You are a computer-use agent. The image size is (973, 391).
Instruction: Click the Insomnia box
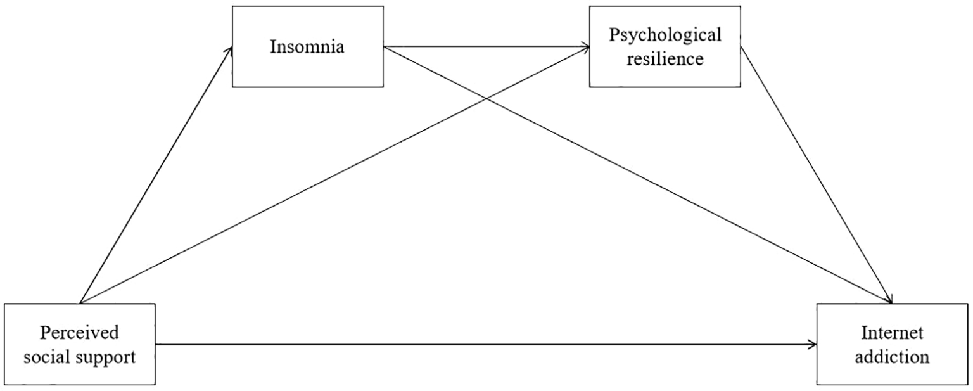pyautogui.click(x=307, y=46)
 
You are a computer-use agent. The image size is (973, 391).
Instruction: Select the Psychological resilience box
pyautogui.click(x=665, y=46)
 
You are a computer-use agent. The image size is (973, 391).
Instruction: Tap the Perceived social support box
pyautogui.click(x=79, y=344)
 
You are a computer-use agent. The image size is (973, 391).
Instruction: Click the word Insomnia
pyautogui.click(x=307, y=47)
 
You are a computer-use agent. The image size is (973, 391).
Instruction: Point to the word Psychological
pyautogui.click(x=665, y=35)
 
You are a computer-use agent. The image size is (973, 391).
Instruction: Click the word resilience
pyautogui.click(x=665, y=59)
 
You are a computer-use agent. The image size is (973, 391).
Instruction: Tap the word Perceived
pyautogui.click(x=80, y=333)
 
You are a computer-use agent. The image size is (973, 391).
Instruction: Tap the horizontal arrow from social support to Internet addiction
pyautogui.click(x=481, y=345)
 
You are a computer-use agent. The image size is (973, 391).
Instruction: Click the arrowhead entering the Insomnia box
pyautogui.click(x=230, y=51)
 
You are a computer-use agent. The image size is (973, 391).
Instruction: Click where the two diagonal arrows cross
pyautogui.click(x=485, y=98)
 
